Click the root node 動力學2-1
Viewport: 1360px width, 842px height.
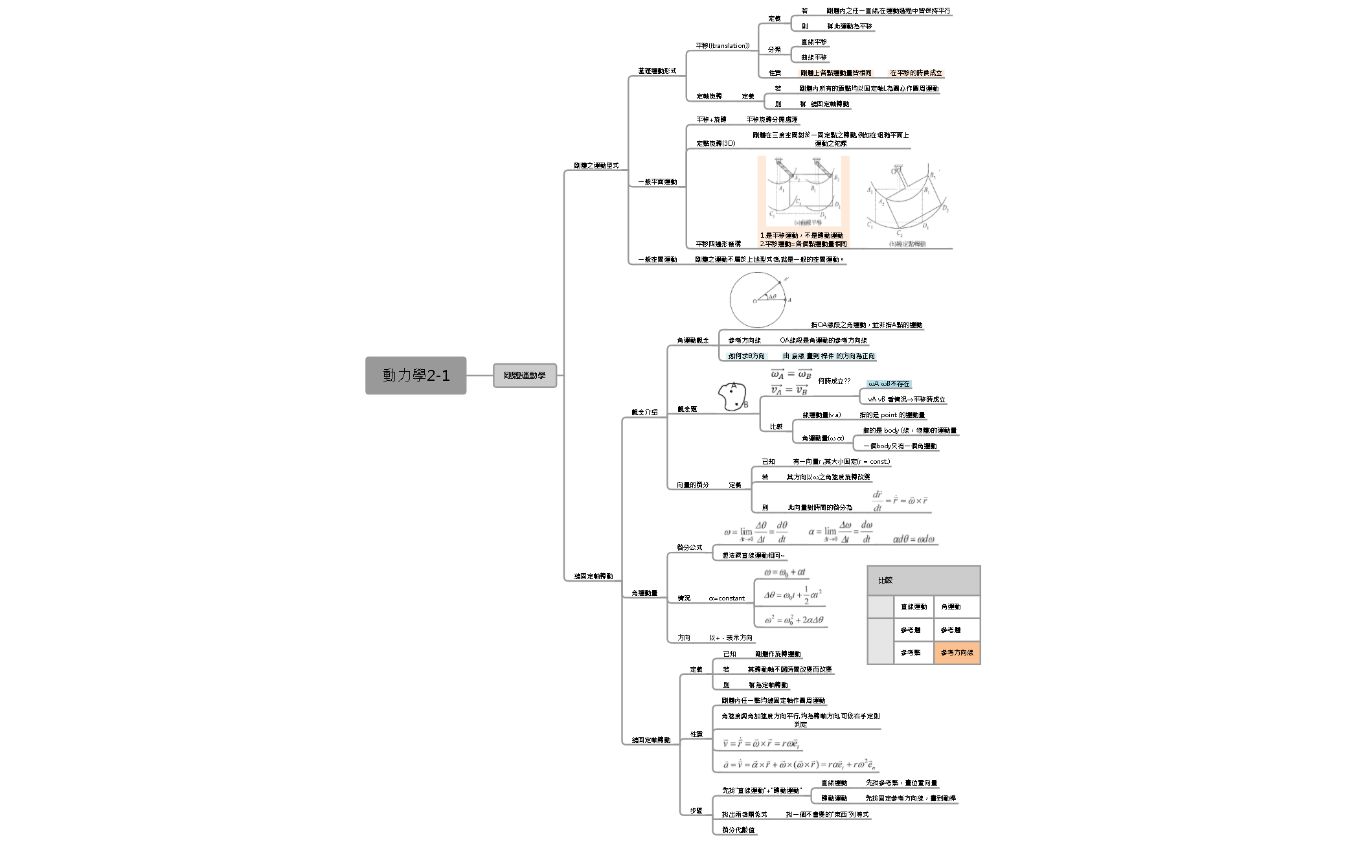click(x=415, y=375)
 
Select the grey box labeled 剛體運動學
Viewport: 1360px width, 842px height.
click(x=525, y=375)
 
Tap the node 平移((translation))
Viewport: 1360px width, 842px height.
click(x=722, y=46)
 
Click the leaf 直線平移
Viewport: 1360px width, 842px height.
click(x=814, y=42)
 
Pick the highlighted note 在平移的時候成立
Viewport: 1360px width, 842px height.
click(x=916, y=73)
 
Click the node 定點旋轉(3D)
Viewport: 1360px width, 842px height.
click(x=716, y=143)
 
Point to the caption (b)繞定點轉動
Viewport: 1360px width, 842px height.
click(x=907, y=244)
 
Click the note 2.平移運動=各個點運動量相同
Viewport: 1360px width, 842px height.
click(x=803, y=244)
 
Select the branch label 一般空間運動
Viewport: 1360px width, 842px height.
click(x=657, y=260)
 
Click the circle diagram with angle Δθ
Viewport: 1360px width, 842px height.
click(x=758, y=300)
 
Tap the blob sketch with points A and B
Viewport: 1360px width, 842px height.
click(x=732, y=397)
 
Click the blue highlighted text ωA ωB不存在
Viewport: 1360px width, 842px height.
click(x=889, y=384)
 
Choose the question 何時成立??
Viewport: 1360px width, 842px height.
click(x=834, y=381)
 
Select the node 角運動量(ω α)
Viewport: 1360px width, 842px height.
click(x=822, y=438)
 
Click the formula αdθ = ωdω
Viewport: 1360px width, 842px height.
click(x=914, y=539)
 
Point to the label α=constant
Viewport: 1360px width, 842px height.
click(x=727, y=598)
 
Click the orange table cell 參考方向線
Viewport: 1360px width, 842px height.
click(x=957, y=652)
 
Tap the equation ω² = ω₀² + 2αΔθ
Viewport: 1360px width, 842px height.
click(x=793, y=620)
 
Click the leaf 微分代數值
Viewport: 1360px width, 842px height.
click(x=738, y=830)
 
